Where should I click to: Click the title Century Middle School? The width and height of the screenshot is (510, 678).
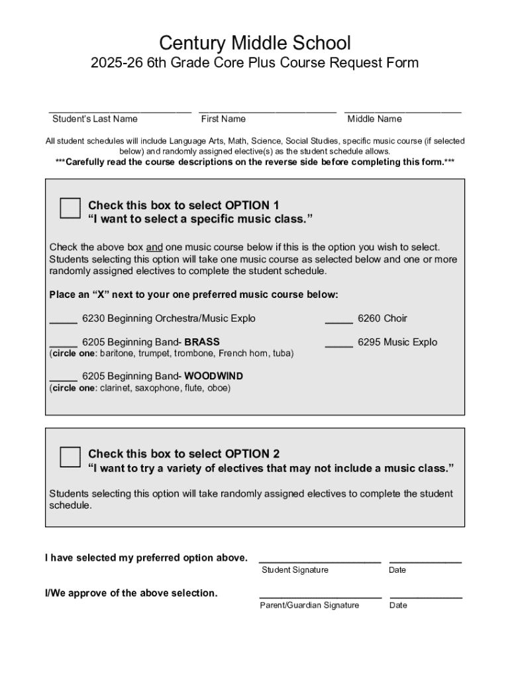pos(255,44)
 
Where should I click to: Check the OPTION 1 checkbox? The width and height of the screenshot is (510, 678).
pos(70,208)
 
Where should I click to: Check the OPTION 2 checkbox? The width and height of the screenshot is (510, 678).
pos(70,457)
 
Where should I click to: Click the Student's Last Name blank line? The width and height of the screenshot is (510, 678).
pos(120,111)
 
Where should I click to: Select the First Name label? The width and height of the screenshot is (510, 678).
pos(223,119)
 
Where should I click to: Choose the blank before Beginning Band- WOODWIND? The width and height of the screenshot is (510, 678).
pos(63,379)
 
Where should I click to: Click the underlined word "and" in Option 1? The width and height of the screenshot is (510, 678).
pos(154,247)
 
